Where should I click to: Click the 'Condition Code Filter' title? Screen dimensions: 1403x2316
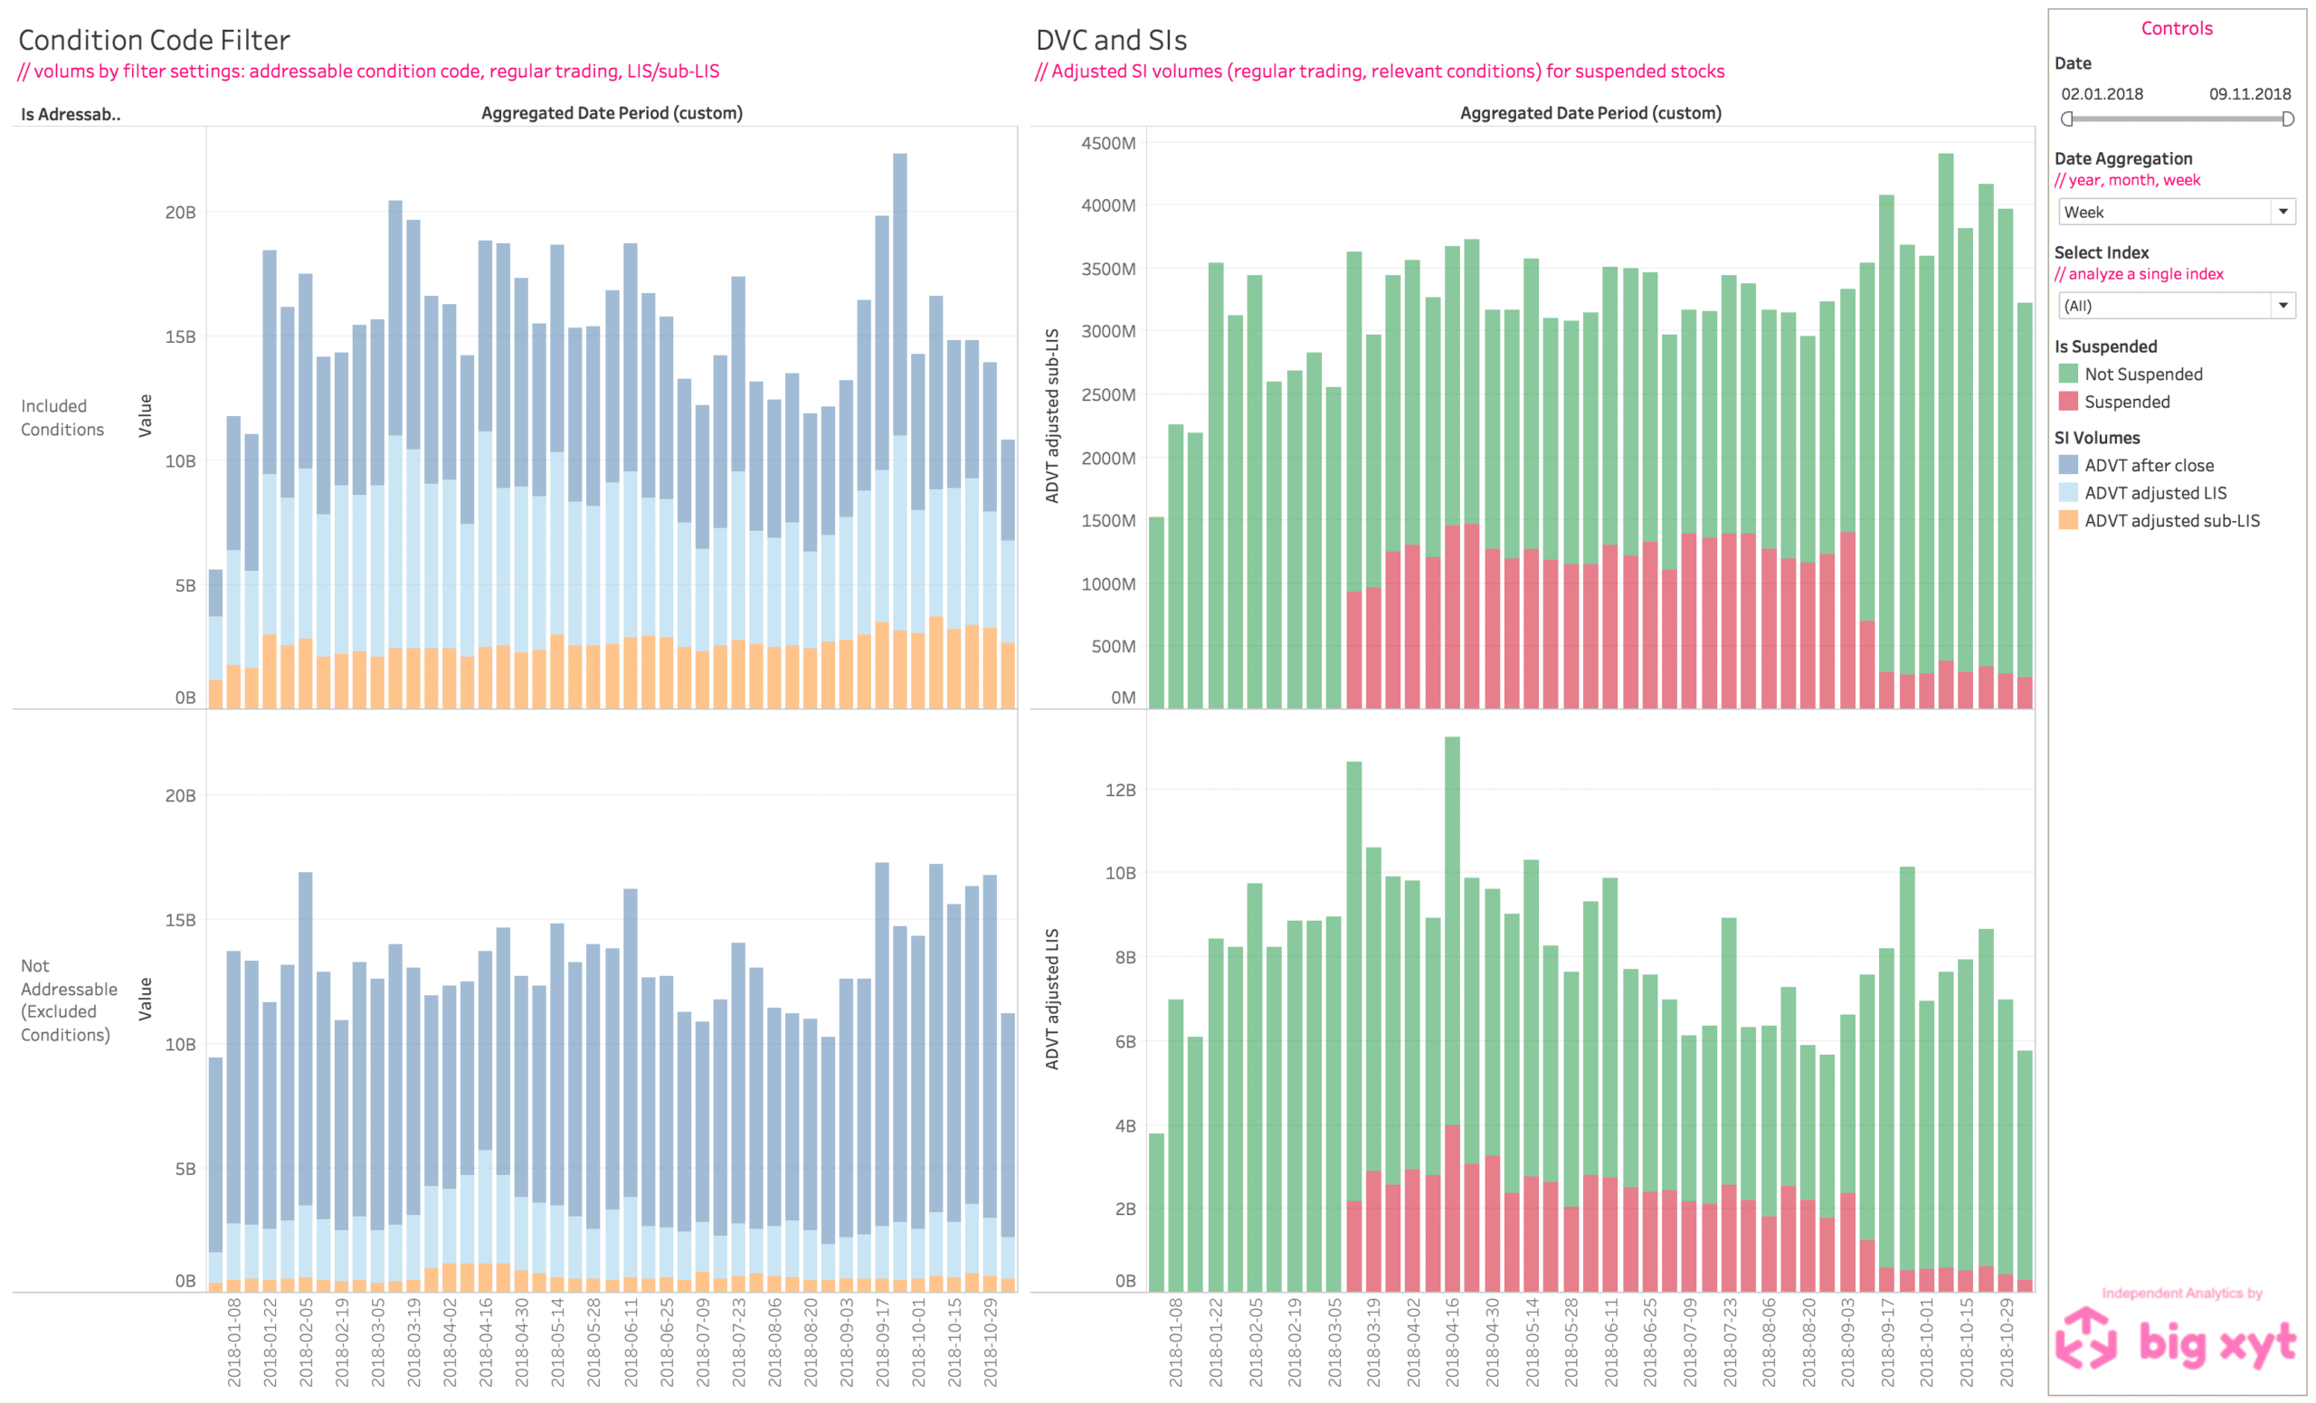pos(154,41)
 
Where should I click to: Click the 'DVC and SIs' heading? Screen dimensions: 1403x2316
pos(1111,41)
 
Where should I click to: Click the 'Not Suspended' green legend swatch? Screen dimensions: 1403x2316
pos(2068,374)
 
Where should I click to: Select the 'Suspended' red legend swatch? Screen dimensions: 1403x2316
pos(2068,402)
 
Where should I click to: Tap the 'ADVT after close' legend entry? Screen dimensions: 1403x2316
pos(2148,465)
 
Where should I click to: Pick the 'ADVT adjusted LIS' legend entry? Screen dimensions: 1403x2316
pos(2154,492)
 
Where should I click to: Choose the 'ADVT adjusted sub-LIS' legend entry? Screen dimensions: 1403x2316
pos(2171,521)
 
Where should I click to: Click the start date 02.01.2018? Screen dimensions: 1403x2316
pos(2102,94)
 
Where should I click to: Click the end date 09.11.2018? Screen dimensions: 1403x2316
pos(2249,94)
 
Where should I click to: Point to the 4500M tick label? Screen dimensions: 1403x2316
pos(1108,143)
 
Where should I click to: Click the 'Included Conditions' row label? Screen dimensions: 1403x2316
pos(62,417)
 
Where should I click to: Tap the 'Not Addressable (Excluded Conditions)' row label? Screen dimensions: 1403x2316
pos(68,1000)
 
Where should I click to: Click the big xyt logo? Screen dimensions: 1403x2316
pos(2176,1339)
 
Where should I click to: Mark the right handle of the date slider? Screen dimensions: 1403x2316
pos(2288,119)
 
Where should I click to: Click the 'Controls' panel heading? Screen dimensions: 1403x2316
pos(2176,28)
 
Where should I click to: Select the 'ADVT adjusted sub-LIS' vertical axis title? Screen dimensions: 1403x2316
pos(1052,415)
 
